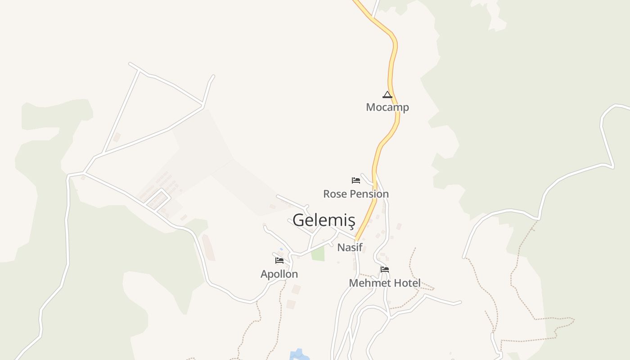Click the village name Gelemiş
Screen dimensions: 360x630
[324, 220]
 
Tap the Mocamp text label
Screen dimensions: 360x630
[387, 107]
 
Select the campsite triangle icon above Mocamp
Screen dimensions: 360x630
[387, 94]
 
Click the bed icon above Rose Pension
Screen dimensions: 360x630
[356, 180]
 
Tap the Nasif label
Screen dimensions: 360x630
[350, 247]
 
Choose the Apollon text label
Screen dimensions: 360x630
[279, 274]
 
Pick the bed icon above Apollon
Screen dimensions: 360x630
[279, 260]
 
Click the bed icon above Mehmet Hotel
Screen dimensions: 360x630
[385, 270]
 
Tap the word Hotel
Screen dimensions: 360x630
[407, 283]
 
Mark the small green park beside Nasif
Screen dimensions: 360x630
[318, 253]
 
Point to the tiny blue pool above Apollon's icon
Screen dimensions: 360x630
[281, 249]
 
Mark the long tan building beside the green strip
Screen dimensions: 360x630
[208, 247]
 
